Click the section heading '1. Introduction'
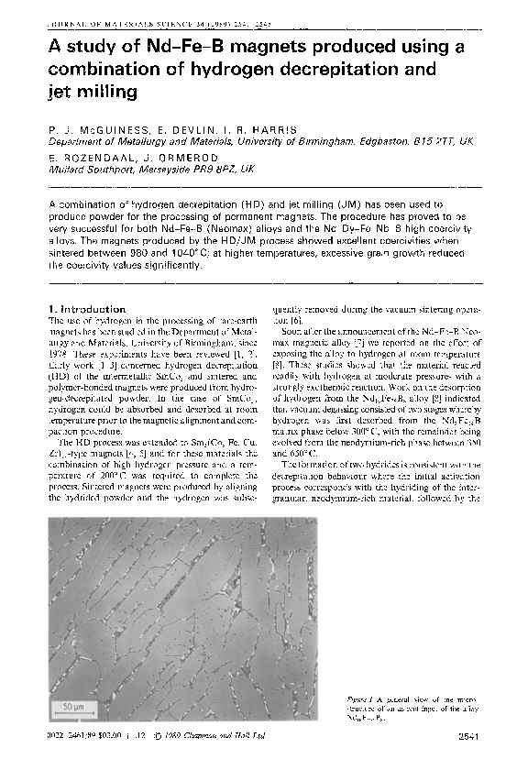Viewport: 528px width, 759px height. point(86,309)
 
